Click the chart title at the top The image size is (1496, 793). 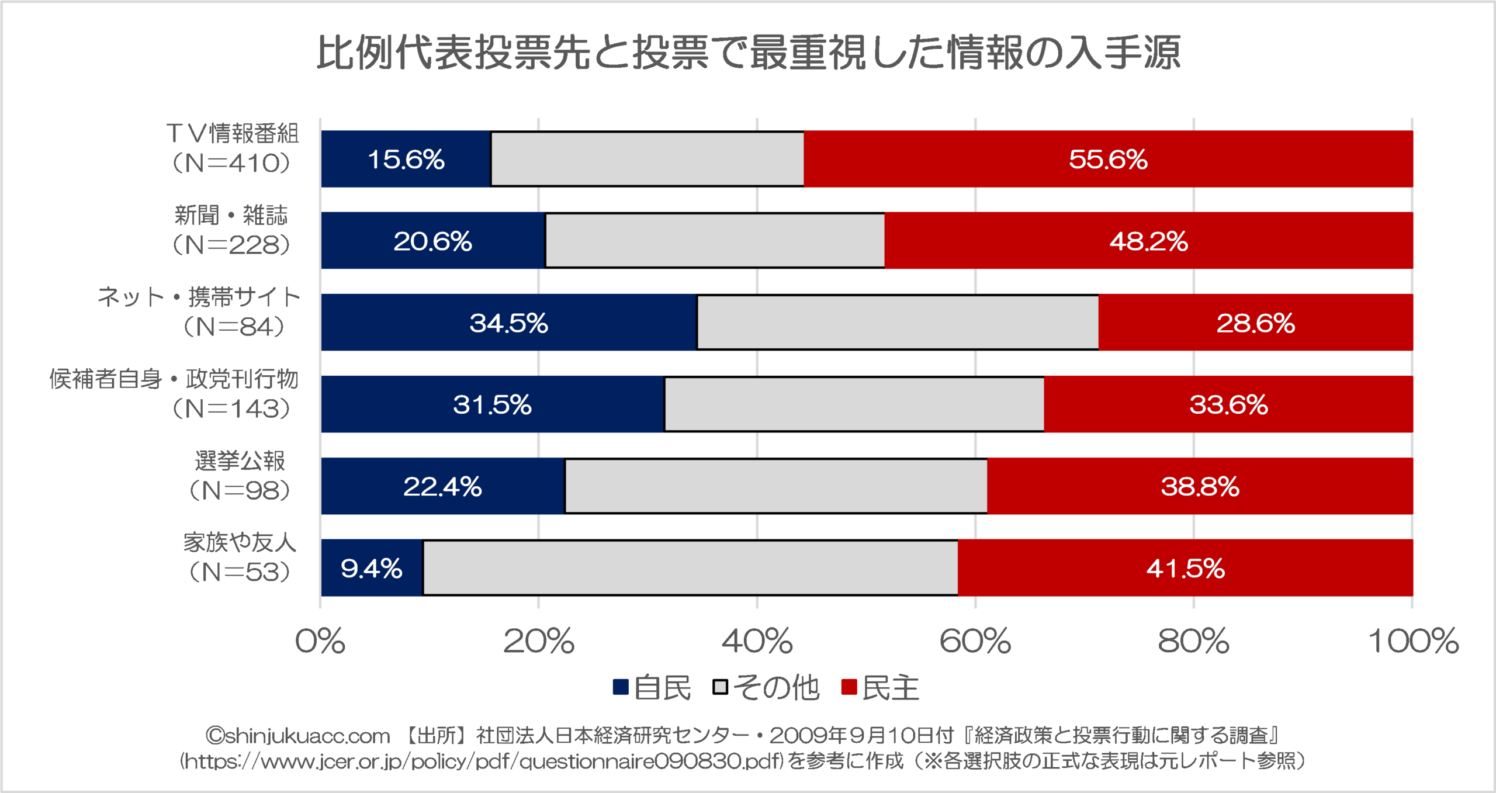pos(748,53)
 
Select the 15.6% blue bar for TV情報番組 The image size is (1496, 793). pos(406,159)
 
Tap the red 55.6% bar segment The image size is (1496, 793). pos(1108,159)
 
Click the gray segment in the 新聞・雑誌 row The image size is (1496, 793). pos(715,241)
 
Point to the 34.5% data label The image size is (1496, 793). pos(508,323)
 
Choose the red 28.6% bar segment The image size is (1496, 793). pos(1255,323)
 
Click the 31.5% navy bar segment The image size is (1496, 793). pos(492,404)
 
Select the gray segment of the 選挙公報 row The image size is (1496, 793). pos(776,486)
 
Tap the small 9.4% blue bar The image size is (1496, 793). pos(371,568)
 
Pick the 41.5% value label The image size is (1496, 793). pos(1185,569)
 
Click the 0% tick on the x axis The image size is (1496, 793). pos(320,641)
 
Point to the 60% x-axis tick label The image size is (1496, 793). pos(975,641)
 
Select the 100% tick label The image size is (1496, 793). pos(1413,641)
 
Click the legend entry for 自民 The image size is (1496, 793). pos(652,688)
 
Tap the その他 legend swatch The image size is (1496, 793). pos(721,687)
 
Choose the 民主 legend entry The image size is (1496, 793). pos(880,688)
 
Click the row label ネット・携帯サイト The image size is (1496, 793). pos(199,297)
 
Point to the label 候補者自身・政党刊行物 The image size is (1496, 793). pos(174,379)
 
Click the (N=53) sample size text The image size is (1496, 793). pos(238,572)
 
